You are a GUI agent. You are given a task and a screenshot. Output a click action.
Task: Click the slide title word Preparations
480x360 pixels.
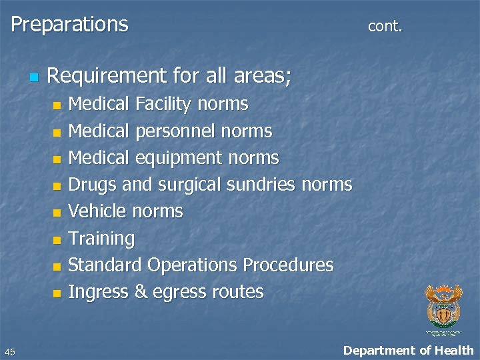pos(69,25)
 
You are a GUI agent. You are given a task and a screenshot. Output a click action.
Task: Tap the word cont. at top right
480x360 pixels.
pos(385,26)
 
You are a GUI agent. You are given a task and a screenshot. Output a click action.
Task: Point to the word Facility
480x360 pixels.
pos(163,104)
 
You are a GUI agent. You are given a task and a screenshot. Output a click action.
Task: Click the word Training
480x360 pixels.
pos(101,239)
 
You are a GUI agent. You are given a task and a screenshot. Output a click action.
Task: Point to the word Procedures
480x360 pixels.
pos(288,265)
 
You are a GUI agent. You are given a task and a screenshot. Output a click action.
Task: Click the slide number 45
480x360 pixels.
pos(9,351)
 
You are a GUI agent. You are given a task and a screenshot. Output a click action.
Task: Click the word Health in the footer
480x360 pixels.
pos(453,350)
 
